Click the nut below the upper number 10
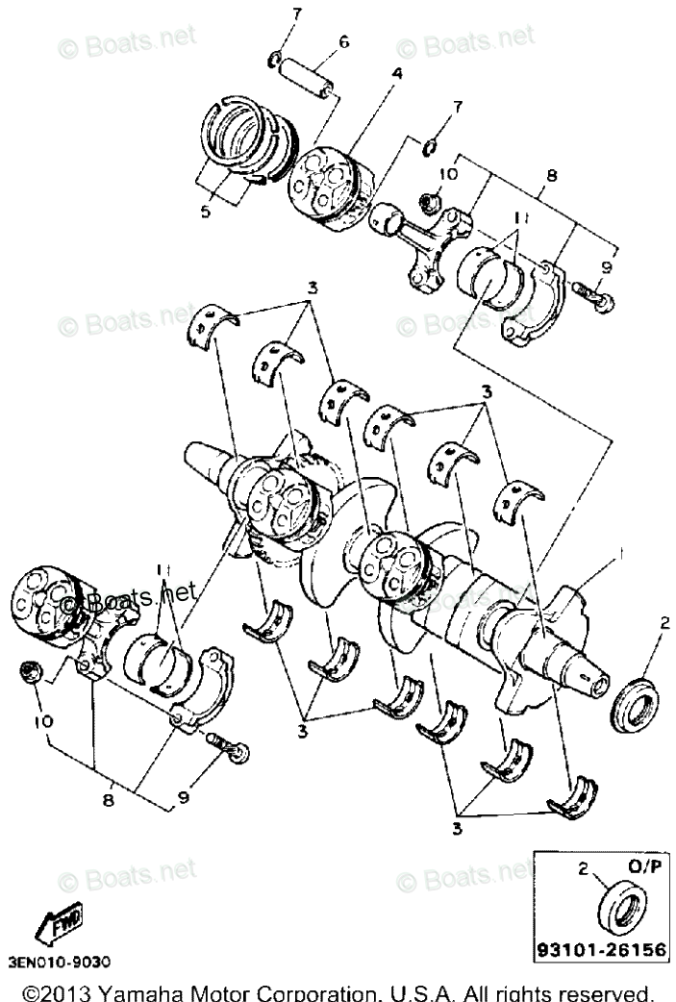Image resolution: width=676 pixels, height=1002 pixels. pyautogui.click(x=430, y=202)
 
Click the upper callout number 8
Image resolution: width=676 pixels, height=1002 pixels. pyautogui.click(x=552, y=176)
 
